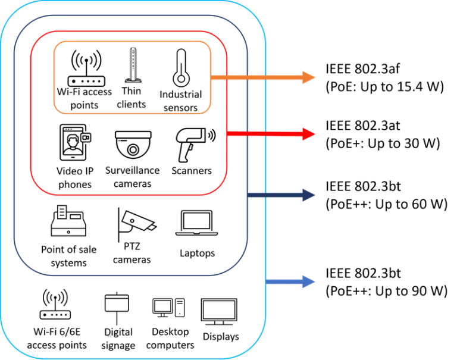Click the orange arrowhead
pyautogui.click(x=309, y=77)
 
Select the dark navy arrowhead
pyautogui.click(x=309, y=195)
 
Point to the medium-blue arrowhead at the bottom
pyautogui.click(x=309, y=281)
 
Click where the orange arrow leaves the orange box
pyautogui.click(x=211, y=77)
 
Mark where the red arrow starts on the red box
pyautogui.click(x=228, y=134)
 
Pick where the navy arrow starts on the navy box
pyautogui.click(x=248, y=195)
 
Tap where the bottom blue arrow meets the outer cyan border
pyautogui.click(x=266, y=281)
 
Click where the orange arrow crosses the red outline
pyautogui.click(x=228, y=77)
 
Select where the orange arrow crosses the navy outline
pyautogui.click(x=248, y=77)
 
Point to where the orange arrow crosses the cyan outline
pyautogui.click(x=266, y=77)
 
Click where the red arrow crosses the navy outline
pyautogui.click(x=248, y=134)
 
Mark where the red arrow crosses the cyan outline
pyautogui.click(x=266, y=134)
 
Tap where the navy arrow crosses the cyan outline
pyautogui.click(x=266, y=195)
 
